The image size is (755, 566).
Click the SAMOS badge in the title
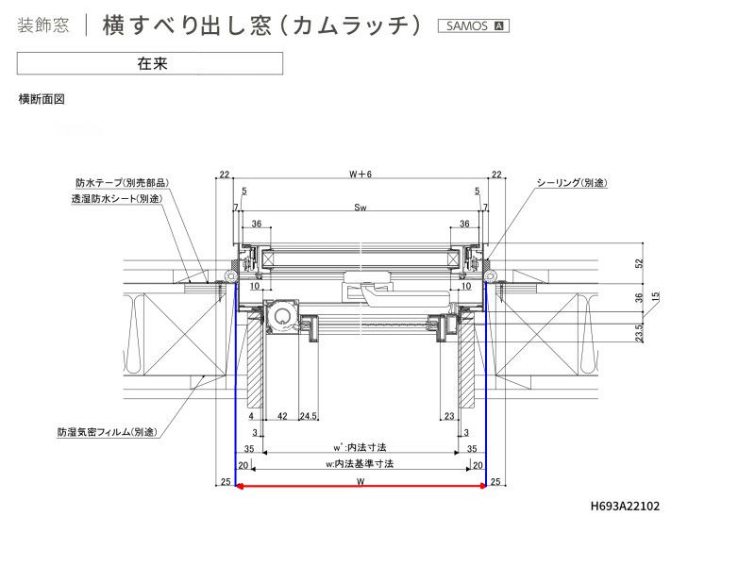click(x=473, y=25)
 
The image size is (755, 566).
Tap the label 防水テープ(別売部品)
click(x=123, y=182)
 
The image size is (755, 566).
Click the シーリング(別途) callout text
click(x=572, y=182)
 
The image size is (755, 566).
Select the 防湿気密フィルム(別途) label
click(x=107, y=431)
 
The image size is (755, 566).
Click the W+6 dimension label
click(x=361, y=175)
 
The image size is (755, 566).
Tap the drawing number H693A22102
click(x=625, y=507)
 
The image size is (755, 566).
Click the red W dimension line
click(x=361, y=487)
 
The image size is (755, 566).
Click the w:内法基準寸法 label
click(x=359, y=463)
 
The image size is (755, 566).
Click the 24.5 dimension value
click(x=308, y=415)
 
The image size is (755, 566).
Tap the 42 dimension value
click(x=282, y=415)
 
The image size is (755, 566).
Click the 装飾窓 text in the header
click(x=43, y=25)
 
